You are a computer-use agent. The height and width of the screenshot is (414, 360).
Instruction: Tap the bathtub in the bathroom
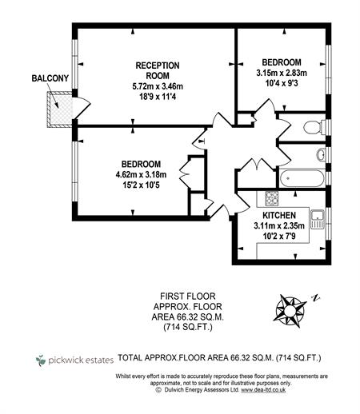(x=302, y=178)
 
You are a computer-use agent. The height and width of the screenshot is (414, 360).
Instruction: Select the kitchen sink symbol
(x=318, y=219)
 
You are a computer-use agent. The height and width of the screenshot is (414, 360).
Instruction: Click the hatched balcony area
(x=59, y=109)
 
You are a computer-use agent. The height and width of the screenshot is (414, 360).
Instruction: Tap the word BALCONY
(x=50, y=78)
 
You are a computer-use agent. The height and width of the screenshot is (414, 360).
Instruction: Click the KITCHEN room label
(x=279, y=215)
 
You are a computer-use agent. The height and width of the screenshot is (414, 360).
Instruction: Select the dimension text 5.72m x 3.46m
(x=158, y=86)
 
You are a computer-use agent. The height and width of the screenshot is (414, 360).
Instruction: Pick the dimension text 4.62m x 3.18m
(x=141, y=174)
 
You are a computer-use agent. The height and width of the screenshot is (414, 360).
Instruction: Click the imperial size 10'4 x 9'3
(x=282, y=83)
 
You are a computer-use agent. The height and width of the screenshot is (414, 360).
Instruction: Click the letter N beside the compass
(x=316, y=298)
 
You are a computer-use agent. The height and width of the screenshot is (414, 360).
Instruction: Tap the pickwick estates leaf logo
(x=41, y=360)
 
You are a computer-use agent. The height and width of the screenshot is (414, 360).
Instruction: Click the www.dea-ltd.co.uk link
(x=263, y=389)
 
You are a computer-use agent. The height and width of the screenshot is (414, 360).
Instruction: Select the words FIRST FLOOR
(x=188, y=296)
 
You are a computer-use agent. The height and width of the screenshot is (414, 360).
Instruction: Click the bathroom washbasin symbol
(x=321, y=154)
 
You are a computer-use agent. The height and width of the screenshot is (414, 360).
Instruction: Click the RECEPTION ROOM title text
(x=158, y=70)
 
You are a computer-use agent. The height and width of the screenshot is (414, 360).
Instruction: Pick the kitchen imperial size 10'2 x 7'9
(x=279, y=236)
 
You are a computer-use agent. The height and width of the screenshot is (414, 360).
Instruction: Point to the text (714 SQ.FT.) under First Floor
(x=188, y=327)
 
